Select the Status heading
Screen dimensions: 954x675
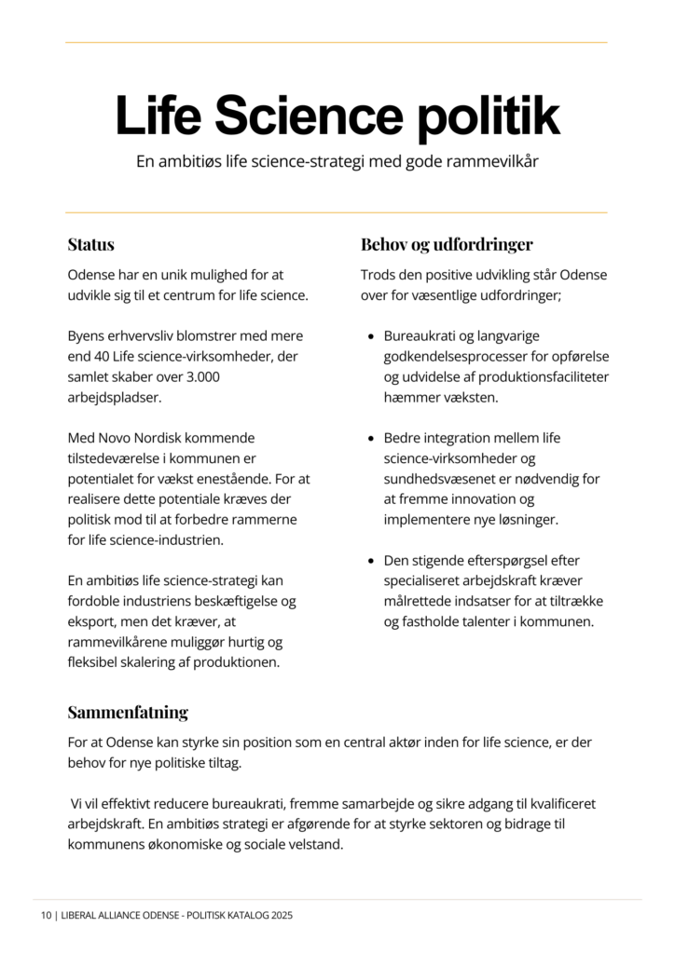[91, 245]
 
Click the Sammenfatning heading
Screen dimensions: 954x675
[128, 713]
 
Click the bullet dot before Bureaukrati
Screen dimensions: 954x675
[372, 336]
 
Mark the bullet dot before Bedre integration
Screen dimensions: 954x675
[372, 438]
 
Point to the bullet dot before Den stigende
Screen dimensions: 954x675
[372, 561]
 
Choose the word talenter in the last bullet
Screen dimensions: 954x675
[500, 622]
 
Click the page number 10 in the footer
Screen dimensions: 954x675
[46, 916]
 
